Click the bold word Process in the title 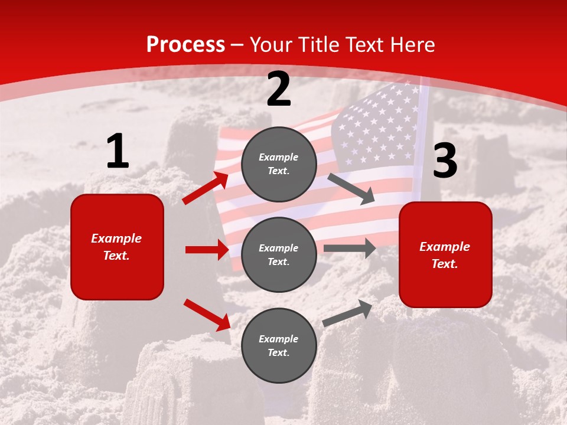185,45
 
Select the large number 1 118,152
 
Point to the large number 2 279,89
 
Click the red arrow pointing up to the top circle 206,188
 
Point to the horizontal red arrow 207,250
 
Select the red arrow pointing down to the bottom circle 207,315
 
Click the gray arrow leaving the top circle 351,188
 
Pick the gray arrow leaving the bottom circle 347,313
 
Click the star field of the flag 378,127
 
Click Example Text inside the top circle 279,164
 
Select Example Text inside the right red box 445,255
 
